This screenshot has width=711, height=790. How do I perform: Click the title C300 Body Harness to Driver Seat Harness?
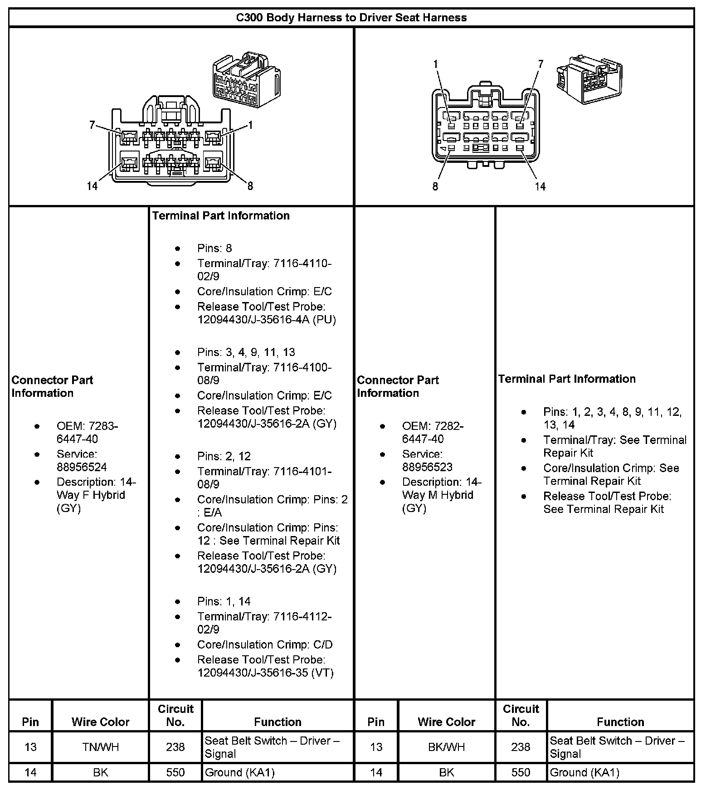pyautogui.click(x=351, y=18)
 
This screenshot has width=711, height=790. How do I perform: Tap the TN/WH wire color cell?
pyautogui.click(x=101, y=747)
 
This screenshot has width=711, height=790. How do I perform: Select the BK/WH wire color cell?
pyautogui.click(x=446, y=747)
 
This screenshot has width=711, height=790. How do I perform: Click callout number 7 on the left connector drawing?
pyautogui.click(x=92, y=124)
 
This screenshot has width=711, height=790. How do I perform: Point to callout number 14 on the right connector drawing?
pyautogui.click(x=540, y=186)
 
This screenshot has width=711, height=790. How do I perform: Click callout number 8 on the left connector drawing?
pyautogui.click(x=250, y=185)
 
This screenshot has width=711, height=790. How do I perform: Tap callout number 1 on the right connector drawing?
pyautogui.click(x=436, y=64)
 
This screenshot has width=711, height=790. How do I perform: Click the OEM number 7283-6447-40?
pyautogui.click(x=87, y=433)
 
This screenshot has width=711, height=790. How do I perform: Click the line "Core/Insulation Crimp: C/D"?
pyautogui.click(x=265, y=644)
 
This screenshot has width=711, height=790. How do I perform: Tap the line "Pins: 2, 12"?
pyautogui.click(x=224, y=456)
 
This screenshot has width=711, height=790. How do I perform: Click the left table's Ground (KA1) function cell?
pyautogui.click(x=240, y=772)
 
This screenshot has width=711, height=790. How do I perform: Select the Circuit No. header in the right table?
pyautogui.click(x=521, y=715)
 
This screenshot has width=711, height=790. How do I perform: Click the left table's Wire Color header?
pyautogui.click(x=101, y=722)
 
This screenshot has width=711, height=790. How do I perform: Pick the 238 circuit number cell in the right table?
pyautogui.click(x=521, y=747)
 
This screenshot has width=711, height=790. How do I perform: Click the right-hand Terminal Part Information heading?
pyautogui.click(x=567, y=379)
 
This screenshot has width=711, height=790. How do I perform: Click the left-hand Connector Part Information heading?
pyautogui.click(x=52, y=386)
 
